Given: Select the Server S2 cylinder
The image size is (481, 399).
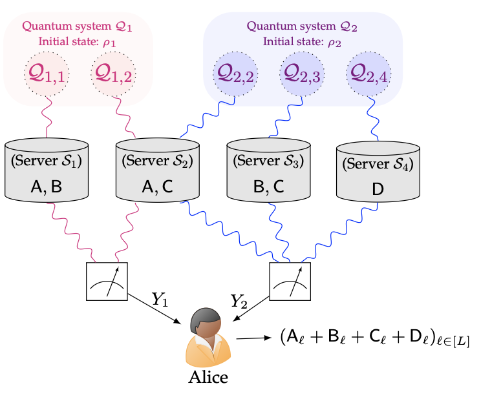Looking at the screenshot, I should (x=157, y=169).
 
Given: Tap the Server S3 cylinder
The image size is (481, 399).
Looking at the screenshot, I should (x=268, y=169).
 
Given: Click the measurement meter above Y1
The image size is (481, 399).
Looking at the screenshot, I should (x=107, y=281).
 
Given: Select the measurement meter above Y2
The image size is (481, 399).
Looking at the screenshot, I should (x=290, y=281).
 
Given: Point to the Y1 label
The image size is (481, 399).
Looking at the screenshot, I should (x=160, y=299).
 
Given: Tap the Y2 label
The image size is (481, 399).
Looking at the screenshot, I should (x=239, y=300).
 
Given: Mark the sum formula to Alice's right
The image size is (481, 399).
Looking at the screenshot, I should (x=374, y=338).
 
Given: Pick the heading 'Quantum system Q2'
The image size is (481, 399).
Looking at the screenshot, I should (x=302, y=27).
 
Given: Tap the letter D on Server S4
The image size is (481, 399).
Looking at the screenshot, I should (x=378, y=189).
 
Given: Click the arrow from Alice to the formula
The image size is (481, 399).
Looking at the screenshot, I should (x=253, y=337).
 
